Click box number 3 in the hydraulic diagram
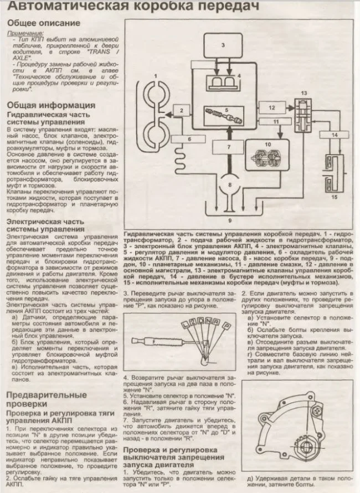(223, 44)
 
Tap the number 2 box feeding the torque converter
(181, 111)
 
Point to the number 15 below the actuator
(333, 197)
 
